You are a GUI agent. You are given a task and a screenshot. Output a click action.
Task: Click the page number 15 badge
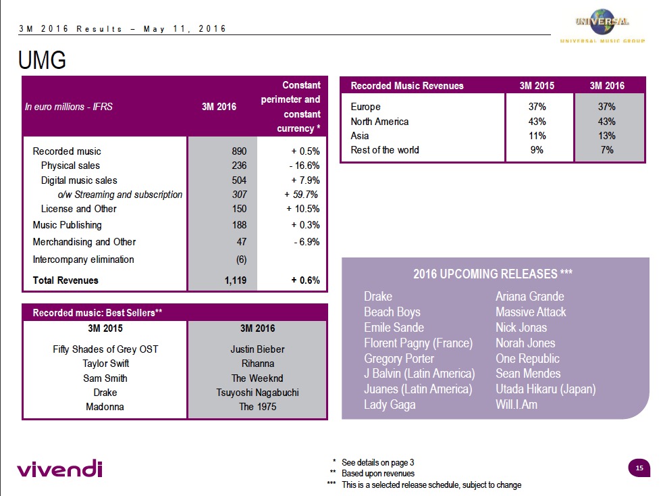pos(639,468)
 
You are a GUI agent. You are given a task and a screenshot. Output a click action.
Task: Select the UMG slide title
pos(42,61)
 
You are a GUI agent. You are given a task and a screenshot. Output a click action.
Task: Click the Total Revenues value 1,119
pos(236,280)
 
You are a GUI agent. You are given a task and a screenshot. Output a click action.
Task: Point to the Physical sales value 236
pos(239,166)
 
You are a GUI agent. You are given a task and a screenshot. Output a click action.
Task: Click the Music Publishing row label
pos(67,225)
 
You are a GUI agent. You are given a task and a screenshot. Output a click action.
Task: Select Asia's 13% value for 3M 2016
pos(608,136)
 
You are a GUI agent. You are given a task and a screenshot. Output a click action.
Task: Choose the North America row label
pos(379,122)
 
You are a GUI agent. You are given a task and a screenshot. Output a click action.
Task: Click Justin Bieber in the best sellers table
pos(257,349)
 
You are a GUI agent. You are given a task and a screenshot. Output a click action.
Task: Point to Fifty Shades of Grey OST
pos(105,349)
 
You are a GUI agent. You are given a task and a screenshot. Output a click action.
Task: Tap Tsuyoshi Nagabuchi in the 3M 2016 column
pos(256,393)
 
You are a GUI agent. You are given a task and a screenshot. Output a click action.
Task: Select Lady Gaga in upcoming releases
pos(390,405)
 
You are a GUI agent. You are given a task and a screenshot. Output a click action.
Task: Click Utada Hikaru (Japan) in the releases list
pos(546,389)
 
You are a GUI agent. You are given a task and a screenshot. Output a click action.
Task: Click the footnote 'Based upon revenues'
pos(377,474)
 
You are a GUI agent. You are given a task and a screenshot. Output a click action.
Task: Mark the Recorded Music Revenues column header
pos(407,86)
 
